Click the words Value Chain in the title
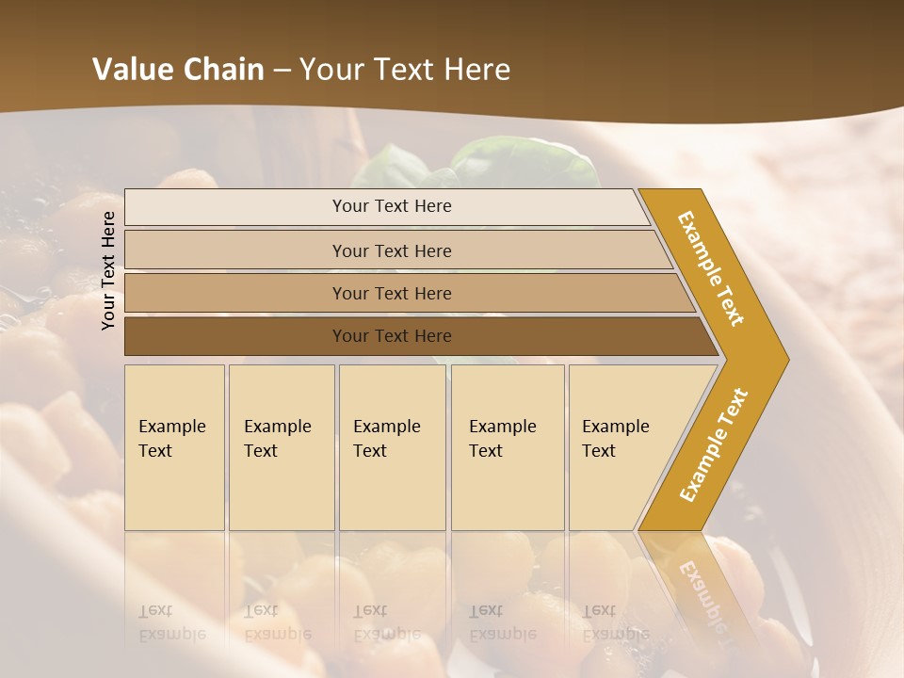click(x=178, y=70)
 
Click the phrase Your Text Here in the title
click(x=405, y=70)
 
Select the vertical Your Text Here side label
click(x=109, y=270)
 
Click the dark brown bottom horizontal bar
click(x=235, y=336)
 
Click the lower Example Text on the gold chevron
click(x=714, y=444)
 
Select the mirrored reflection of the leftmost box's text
click(x=171, y=622)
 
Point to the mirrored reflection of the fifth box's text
click(x=615, y=622)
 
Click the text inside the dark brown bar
click(x=392, y=336)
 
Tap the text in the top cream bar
click(x=392, y=206)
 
